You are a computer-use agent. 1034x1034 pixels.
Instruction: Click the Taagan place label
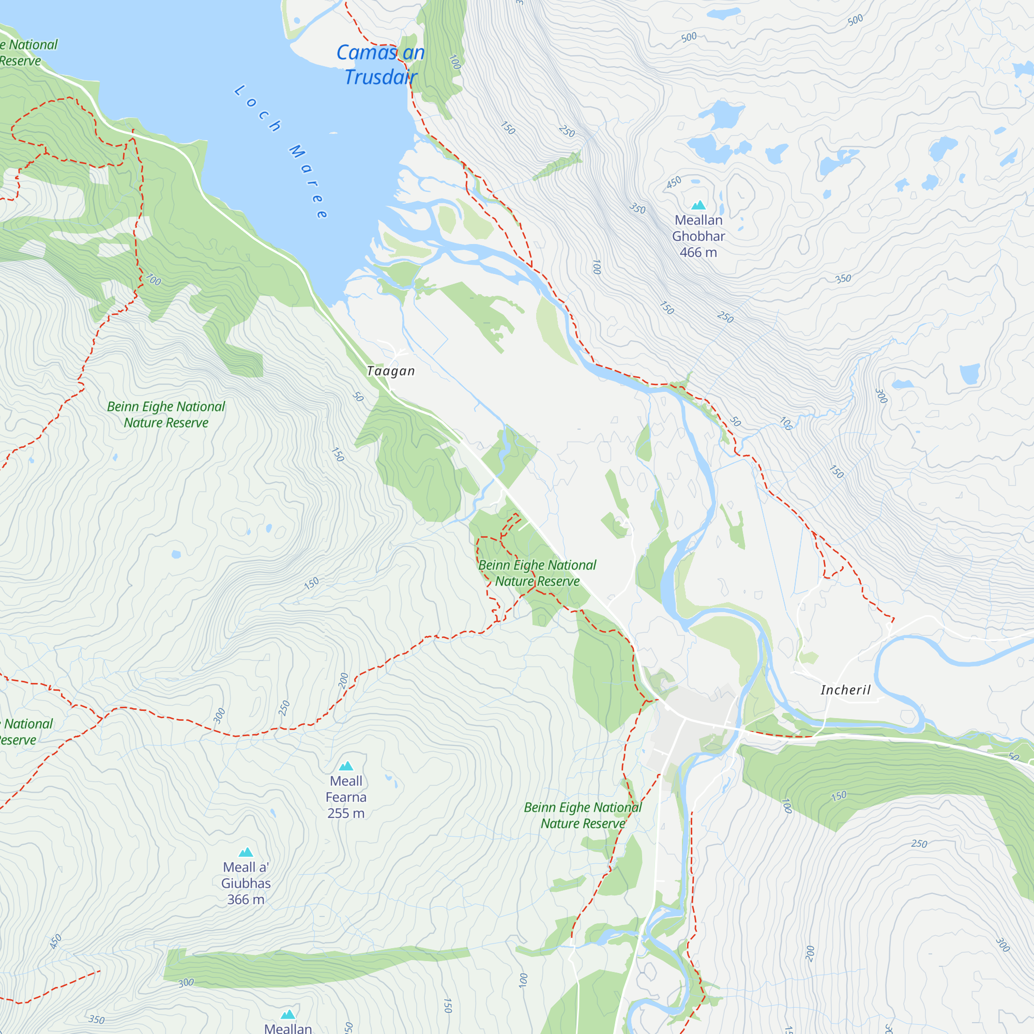pyautogui.click(x=391, y=371)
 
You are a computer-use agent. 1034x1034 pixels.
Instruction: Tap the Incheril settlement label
pyautogui.click(x=846, y=690)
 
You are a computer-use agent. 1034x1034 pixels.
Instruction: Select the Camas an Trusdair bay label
pyautogui.click(x=381, y=65)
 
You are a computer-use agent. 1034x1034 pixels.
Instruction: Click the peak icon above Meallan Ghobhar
pyautogui.click(x=698, y=205)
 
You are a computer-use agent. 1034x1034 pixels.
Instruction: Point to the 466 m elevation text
pyautogui.click(x=698, y=252)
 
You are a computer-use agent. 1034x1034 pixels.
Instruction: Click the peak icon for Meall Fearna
pyautogui.click(x=346, y=766)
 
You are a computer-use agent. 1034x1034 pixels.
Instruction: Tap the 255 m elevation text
pyautogui.click(x=346, y=813)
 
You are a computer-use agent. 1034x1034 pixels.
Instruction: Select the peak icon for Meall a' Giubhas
pyautogui.click(x=246, y=852)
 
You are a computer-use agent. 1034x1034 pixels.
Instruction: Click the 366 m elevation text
pyautogui.click(x=246, y=899)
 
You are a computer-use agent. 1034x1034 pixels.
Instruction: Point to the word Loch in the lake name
pyautogui.click(x=257, y=109)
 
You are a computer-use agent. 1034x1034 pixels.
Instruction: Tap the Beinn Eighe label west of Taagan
pyautogui.click(x=166, y=414)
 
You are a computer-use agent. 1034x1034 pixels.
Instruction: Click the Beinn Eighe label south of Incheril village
pyautogui.click(x=582, y=815)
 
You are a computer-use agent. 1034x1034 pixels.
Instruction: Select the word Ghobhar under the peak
pyautogui.click(x=698, y=236)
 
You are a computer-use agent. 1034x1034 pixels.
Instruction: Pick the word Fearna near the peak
pyautogui.click(x=346, y=797)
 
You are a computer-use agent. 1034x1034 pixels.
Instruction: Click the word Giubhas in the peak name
pyautogui.click(x=246, y=883)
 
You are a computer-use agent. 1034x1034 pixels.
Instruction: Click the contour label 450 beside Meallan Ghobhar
pyautogui.click(x=674, y=183)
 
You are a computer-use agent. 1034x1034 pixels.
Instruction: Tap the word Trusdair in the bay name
pyautogui.click(x=381, y=78)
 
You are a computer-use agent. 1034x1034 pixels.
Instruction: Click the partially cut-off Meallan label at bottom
pyautogui.click(x=288, y=1028)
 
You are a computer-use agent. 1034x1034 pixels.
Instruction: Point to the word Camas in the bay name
pyautogui.click(x=367, y=52)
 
